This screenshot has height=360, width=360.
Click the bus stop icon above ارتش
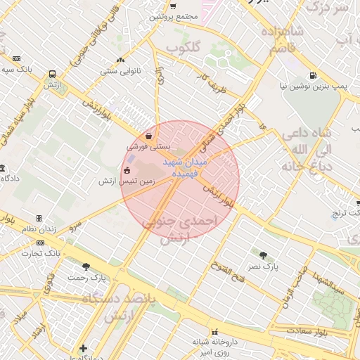53,73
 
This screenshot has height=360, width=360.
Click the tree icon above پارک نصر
263,256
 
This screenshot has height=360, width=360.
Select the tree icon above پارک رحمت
86,266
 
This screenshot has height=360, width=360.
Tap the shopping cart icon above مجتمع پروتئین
173,6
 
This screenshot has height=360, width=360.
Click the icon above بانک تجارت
39,243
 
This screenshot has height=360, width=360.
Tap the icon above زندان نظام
39,219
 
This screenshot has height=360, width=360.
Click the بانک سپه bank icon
16,59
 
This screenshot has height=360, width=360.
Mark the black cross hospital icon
84,348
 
